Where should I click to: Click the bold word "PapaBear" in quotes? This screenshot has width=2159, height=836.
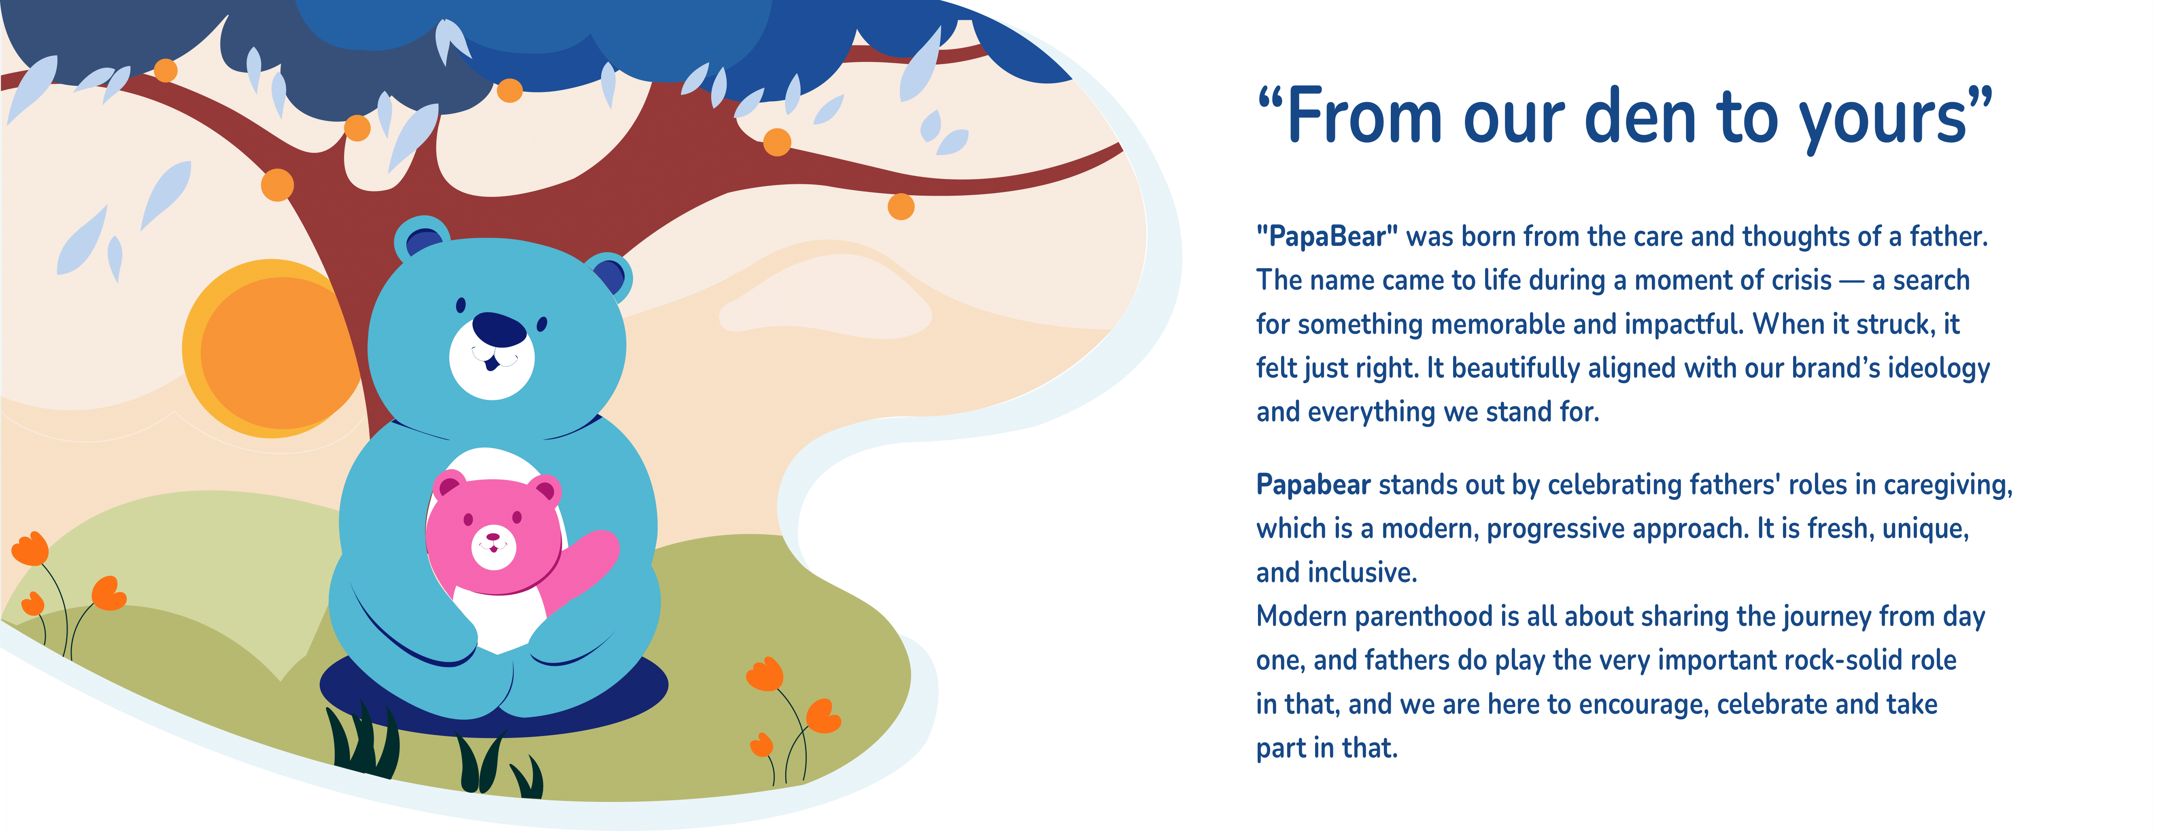[1327, 237]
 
